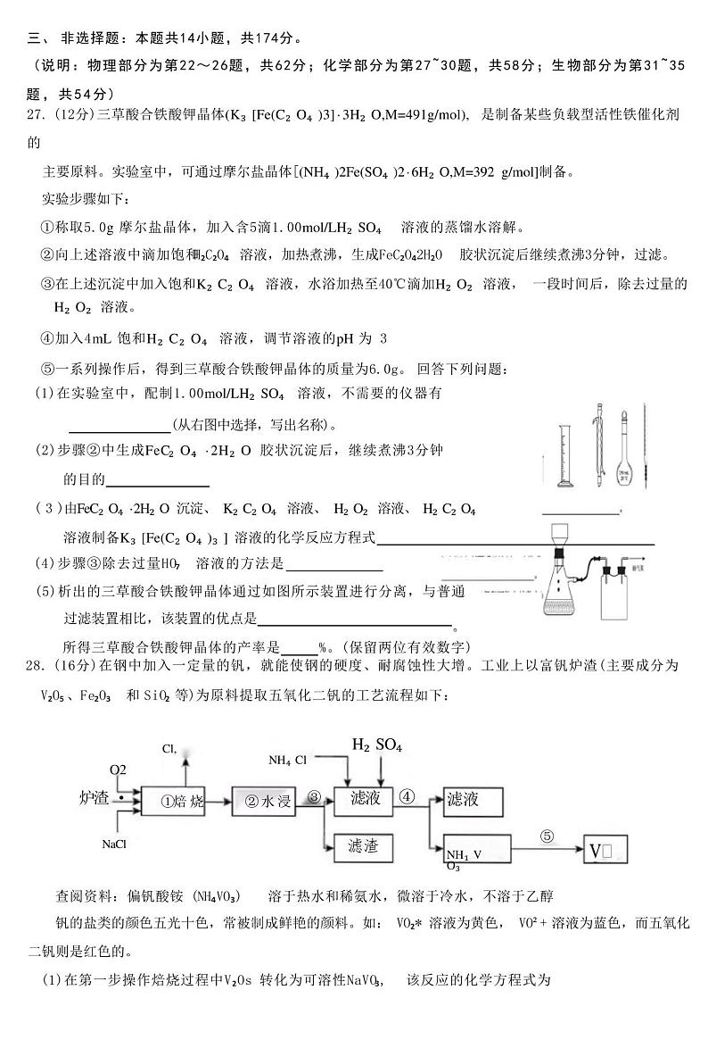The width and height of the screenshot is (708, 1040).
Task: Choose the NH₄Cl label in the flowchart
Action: tap(288, 761)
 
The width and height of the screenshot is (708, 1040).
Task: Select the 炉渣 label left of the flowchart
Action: tap(94, 797)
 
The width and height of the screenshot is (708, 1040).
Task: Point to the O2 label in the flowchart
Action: tap(118, 770)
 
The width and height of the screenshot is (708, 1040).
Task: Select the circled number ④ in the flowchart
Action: tap(408, 796)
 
